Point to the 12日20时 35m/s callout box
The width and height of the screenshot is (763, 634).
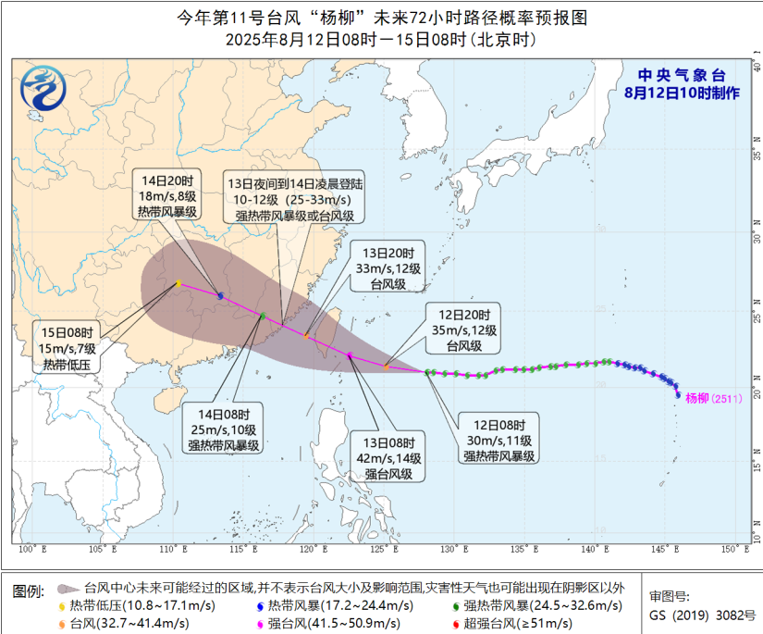pyautogui.click(x=464, y=329)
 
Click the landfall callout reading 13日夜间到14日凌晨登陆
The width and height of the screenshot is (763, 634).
pyautogui.click(x=293, y=200)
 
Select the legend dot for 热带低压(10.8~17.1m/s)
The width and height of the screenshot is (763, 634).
pyautogui.click(x=63, y=606)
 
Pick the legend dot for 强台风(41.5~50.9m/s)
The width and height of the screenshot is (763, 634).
pyautogui.click(x=261, y=623)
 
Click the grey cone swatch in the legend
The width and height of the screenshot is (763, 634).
pyautogui.click(x=67, y=588)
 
